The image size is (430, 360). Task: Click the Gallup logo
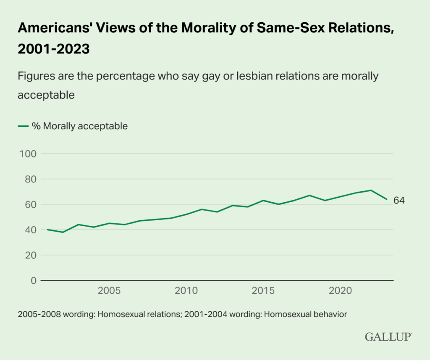coord(388,337)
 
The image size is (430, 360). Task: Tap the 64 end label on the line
coord(399,201)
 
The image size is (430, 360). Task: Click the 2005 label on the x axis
coord(109,291)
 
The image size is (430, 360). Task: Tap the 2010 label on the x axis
coord(186,291)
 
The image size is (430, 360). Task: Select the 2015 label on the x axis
coord(264,291)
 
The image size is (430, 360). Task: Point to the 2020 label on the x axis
coord(341,291)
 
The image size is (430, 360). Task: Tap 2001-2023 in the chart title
coord(54,49)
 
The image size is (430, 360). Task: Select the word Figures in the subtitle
coord(34,76)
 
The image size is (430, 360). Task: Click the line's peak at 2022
coord(372,190)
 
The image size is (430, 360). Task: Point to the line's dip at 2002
coord(63,232)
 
